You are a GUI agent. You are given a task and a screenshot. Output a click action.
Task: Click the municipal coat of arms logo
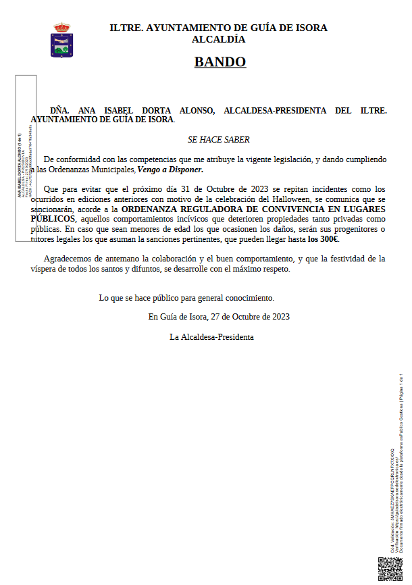(x=61, y=40)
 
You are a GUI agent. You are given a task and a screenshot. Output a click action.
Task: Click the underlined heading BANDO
(x=220, y=62)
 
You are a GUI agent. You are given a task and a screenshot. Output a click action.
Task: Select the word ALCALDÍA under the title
(x=219, y=39)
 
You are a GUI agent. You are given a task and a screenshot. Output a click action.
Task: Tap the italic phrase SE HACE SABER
(x=219, y=140)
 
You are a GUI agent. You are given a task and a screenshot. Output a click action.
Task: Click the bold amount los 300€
(x=323, y=239)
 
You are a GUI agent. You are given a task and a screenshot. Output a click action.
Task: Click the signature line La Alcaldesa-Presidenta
(x=212, y=336)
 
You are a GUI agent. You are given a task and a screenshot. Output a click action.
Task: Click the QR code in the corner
(x=390, y=568)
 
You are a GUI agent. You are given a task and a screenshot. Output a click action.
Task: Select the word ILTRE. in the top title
(x=125, y=28)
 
